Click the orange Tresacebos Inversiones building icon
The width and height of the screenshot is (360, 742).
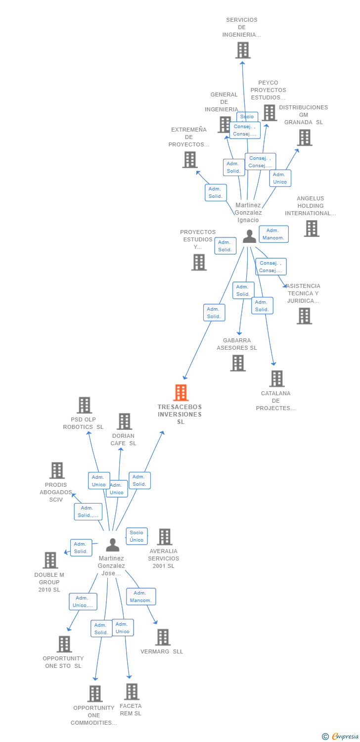click(x=181, y=393)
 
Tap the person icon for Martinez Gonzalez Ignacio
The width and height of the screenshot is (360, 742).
click(x=249, y=236)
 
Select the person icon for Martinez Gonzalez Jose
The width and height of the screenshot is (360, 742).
click(x=113, y=545)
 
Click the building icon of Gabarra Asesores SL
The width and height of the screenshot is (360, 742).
click(x=238, y=363)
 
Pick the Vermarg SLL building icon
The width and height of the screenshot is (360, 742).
click(x=163, y=637)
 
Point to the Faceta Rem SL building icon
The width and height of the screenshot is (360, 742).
click(x=131, y=692)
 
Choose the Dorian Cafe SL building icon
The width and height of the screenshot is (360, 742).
click(x=124, y=421)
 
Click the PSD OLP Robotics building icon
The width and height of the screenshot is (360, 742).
click(x=84, y=405)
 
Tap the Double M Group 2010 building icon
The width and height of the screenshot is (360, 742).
click(x=50, y=560)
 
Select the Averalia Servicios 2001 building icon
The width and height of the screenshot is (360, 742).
click(x=164, y=537)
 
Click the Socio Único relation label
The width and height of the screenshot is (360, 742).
click(x=136, y=536)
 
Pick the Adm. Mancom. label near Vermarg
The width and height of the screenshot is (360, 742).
click(x=141, y=597)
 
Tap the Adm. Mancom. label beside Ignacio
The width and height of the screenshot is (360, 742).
click(x=273, y=234)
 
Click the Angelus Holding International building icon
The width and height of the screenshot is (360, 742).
click(x=311, y=229)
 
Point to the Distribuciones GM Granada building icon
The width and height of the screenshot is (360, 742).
click(x=305, y=138)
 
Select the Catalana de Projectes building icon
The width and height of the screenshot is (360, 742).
click(x=276, y=378)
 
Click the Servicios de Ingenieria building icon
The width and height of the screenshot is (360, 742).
click(x=242, y=50)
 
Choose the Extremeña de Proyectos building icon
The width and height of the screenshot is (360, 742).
click(x=189, y=160)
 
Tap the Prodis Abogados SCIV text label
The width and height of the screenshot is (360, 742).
click(x=56, y=492)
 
